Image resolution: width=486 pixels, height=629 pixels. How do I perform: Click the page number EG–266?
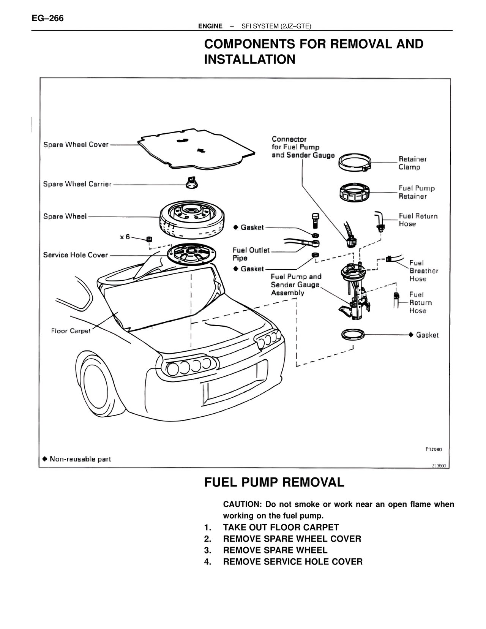point(48,18)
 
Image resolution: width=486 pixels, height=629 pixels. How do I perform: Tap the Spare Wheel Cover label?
point(76,145)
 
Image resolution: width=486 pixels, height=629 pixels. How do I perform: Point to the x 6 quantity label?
point(125,237)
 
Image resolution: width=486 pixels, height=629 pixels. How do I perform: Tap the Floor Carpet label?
point(71,331)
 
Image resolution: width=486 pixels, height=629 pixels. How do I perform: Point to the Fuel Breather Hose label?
point(423,271)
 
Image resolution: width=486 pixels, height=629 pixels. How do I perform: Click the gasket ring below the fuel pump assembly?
point(353,335)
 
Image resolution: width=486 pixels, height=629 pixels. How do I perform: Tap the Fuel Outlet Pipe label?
point(251,254)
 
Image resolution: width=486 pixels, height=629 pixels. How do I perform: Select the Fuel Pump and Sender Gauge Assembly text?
point(296,284)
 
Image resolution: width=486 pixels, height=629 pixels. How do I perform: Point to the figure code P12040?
point(433,449)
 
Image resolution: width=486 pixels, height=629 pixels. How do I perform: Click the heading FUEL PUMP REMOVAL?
point(274,482)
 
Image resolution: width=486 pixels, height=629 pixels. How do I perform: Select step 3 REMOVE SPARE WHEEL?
point(275,550)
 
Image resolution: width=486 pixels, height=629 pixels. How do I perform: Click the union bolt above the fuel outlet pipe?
point(314,220)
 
